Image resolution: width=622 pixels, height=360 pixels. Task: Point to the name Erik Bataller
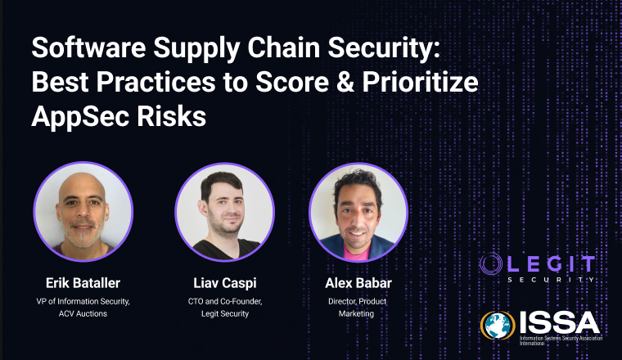tap(82, 283)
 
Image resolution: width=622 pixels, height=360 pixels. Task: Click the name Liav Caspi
tap(224, 283)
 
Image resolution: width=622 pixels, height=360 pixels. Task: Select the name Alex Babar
tap(358, 283)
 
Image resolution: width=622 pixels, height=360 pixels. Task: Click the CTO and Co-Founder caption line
tap(224, 300)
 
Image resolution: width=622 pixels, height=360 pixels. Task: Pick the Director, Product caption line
tap(358, 300)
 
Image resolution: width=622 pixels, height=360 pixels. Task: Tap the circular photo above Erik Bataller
tap(83, 212)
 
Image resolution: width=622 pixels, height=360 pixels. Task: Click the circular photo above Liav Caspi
tap(224, 212)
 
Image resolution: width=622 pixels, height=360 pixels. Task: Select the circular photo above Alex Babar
tap(358, 212)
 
